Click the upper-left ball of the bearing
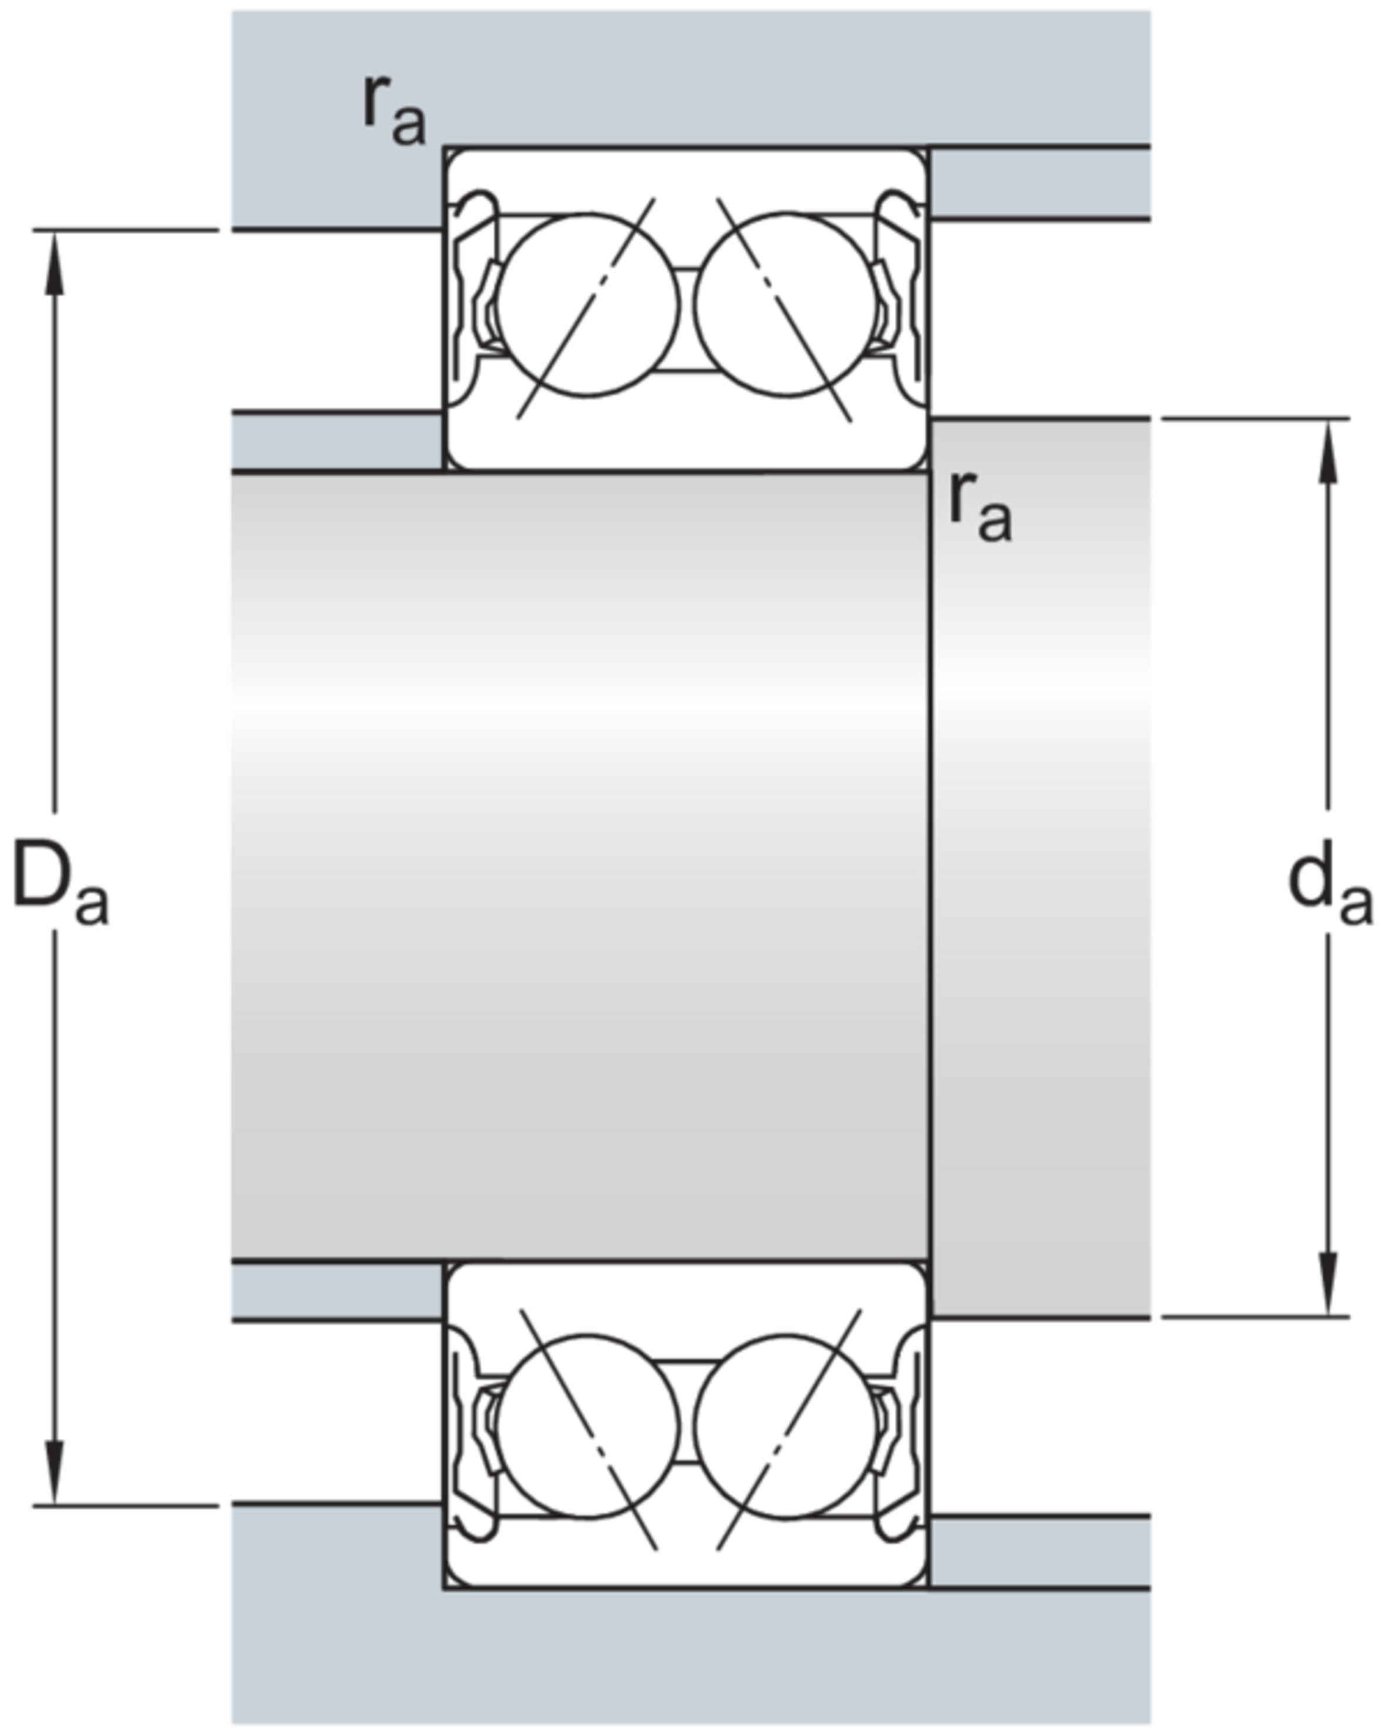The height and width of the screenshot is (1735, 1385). point(587,305)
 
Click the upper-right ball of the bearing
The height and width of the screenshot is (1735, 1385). point(786,305)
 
